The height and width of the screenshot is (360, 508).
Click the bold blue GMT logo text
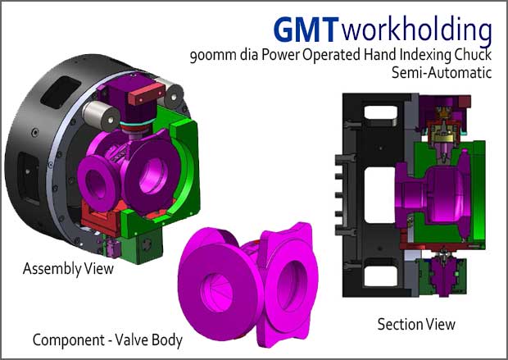pos(304,30)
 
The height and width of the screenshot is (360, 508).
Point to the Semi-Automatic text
pos(442,72)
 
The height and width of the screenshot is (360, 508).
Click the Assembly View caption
pos(68,269)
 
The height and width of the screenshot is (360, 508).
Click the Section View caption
pos(416,324)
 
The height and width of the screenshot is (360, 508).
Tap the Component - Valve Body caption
pos(107,340)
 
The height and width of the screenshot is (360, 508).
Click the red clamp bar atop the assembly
pos(146,93)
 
